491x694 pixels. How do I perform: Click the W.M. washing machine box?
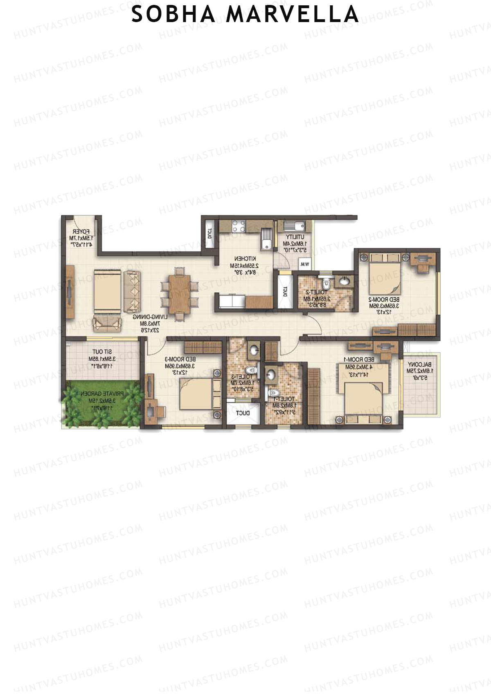304,264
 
